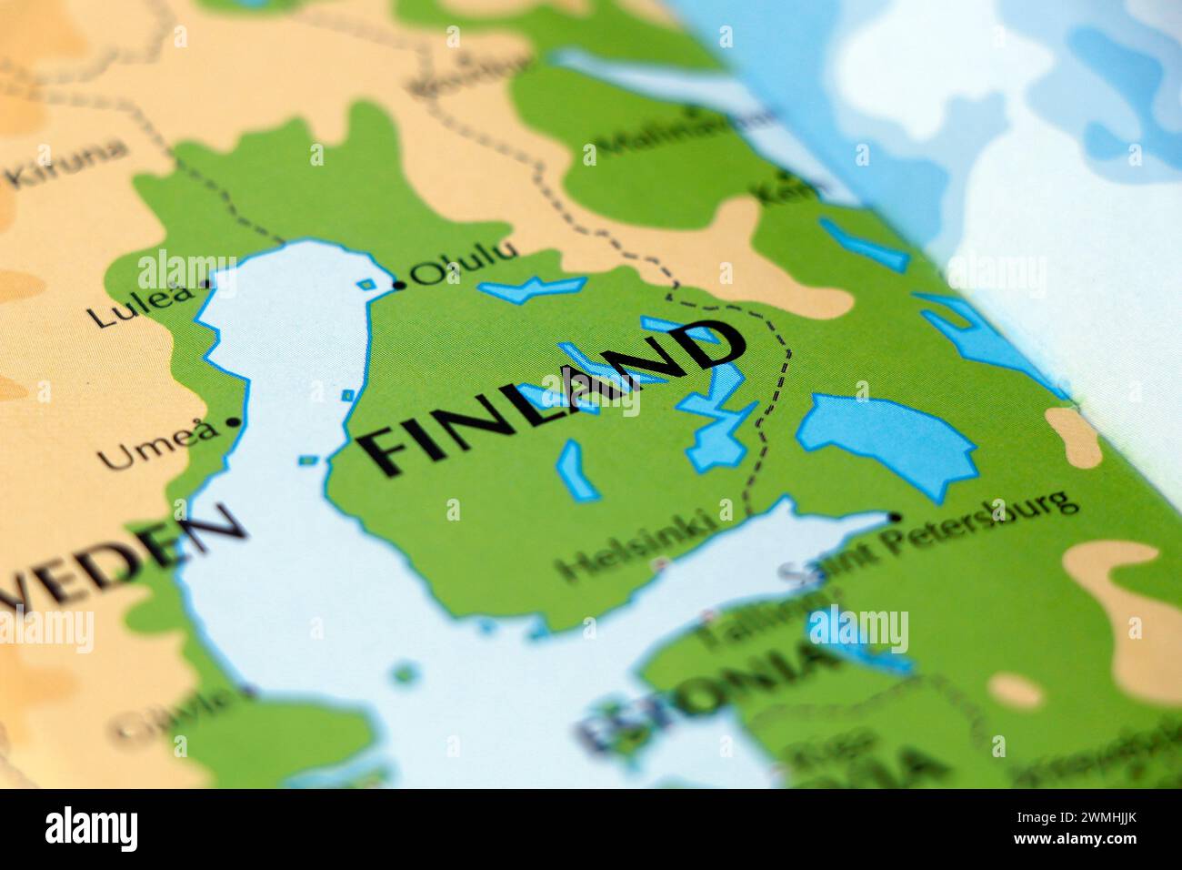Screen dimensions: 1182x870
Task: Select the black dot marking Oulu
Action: click(399, 287)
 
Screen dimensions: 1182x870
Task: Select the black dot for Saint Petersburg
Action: click(895, 517)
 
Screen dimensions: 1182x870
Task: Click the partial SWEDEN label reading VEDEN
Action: click(118, 555)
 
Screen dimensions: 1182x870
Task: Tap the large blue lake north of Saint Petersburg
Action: click(886, 437)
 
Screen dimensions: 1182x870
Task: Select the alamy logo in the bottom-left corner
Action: click(91, 829)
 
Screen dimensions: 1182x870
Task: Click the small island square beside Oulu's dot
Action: click(366, 285)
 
